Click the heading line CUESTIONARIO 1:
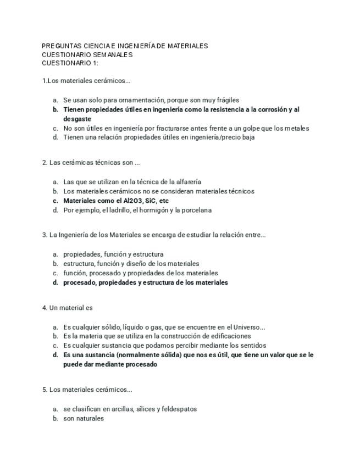[70, 63]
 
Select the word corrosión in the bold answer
[269, 109]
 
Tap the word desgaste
[77, 119]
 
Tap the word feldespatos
[177, 409]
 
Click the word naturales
[90, 418]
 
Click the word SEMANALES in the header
[109, 54]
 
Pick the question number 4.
[44, 308]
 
